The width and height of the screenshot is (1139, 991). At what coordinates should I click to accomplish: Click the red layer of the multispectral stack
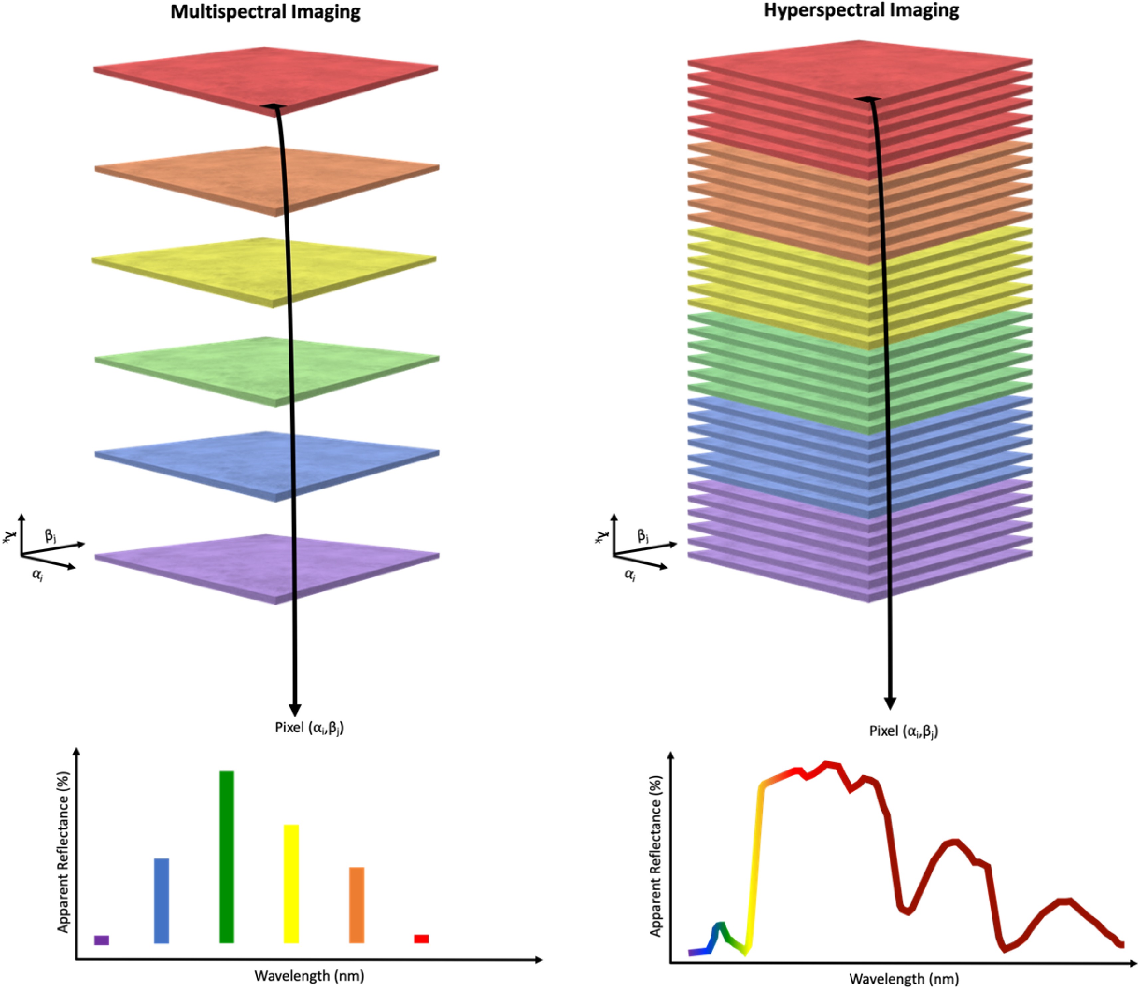click(221, 78)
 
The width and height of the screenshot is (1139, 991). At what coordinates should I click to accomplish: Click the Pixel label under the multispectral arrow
click(309, 728)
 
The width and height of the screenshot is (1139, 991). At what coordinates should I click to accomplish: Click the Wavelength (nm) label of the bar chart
click(309, 975)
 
